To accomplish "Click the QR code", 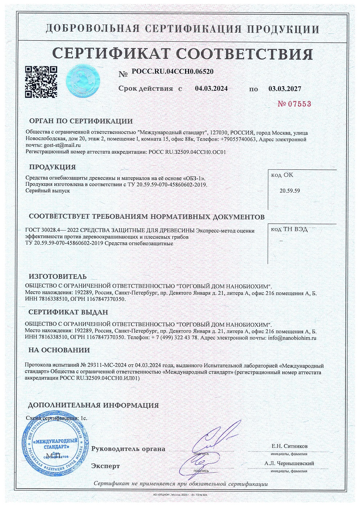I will pos(41,82).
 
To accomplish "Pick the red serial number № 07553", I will pos(294,104).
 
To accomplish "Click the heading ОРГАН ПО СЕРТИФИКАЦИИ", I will pos(81,121).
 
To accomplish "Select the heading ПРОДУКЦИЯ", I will pos(52,167).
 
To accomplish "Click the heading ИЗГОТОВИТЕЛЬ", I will pos(58,277).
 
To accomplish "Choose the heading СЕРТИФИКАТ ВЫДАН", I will pos(68,312).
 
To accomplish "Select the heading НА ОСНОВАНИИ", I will pos(59,350).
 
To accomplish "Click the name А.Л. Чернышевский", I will pos(289,463).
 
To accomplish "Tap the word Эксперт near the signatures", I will pos(106,466).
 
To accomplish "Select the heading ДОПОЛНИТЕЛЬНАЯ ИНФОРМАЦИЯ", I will pos(94,405).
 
